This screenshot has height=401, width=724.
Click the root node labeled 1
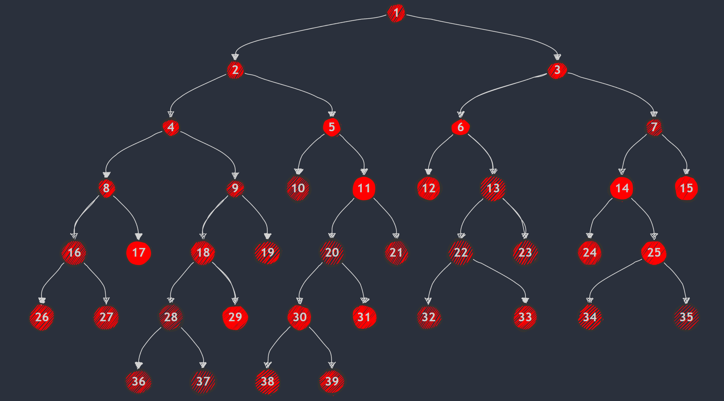(x=396, y=13)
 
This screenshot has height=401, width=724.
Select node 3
(x=557, y=70)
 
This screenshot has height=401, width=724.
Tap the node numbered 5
(x=332, y=127)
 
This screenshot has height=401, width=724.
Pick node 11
(x=364, y=188)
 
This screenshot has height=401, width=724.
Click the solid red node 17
(x=139, y=252)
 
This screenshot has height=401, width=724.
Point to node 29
(x=235, y=317)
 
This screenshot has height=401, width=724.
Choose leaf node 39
(x=332, y=381)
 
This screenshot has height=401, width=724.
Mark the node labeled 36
(x=139, y=381)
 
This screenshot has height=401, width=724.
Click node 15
(x=686, y=188)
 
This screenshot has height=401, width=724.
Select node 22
(x=461, y=252)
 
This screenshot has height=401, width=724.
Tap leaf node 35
(x=686, y=317)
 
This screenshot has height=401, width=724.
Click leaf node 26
(x=42, y=317)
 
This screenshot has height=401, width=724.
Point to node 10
(x=298, y=188)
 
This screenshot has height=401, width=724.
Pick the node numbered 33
(x=525, y=317)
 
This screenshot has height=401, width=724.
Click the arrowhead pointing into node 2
(x=235, y=57)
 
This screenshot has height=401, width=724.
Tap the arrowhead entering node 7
(x=654, y=114)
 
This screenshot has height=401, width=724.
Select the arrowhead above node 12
(x=428, y=171)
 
